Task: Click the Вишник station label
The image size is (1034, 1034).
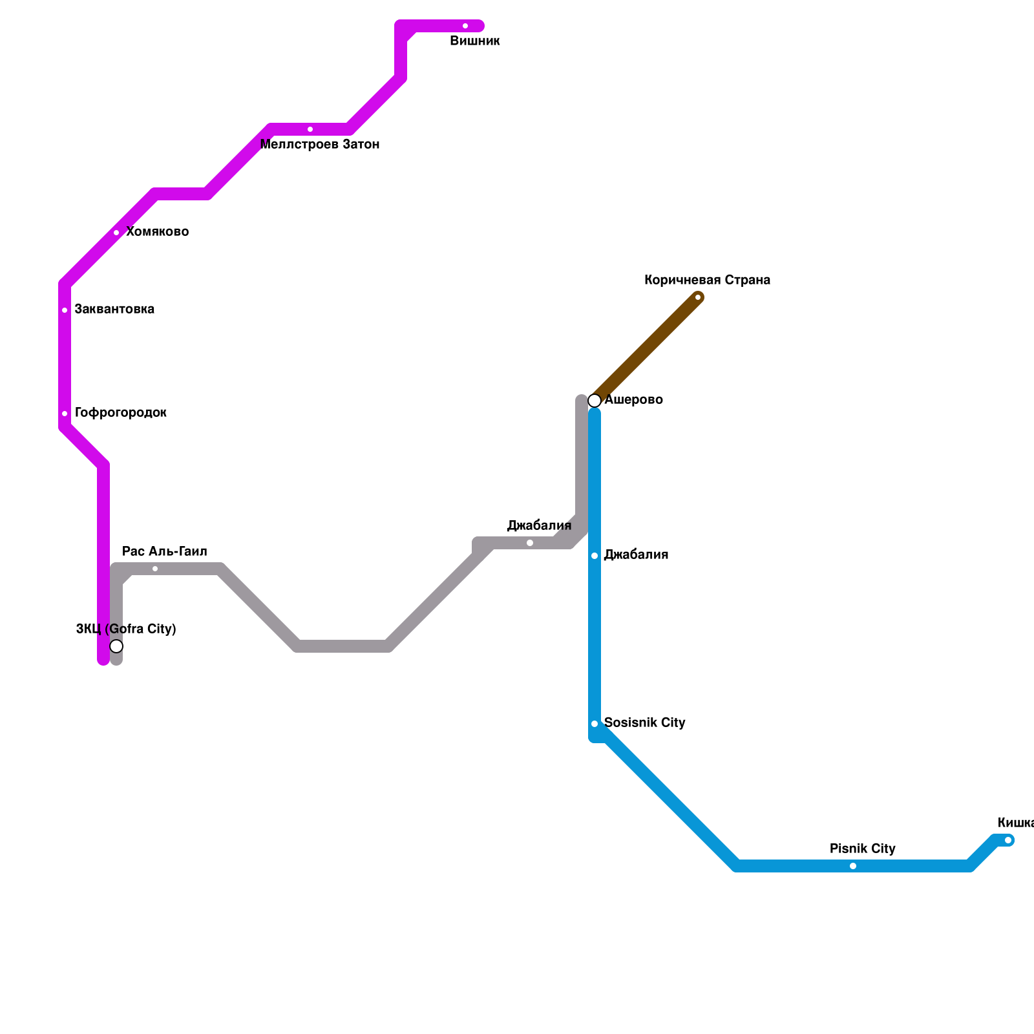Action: (x=475, y=41)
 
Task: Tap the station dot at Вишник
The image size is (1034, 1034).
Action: (x=465, y=26)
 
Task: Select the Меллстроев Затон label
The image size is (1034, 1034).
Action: (x=320, y=145)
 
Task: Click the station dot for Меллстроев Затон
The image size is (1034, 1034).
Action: (x=310, y=129)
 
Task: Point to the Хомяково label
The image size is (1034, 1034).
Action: (x=157, y=232)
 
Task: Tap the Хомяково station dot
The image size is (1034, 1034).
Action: (x=116, y=233)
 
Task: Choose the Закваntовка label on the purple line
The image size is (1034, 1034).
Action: (x=114, y=310)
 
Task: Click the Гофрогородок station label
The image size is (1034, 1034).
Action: (x=121, y=413)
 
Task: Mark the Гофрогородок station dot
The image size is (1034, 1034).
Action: (x=65, y=414)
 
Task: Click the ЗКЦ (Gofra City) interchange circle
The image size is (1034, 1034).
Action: (x=116, y=646)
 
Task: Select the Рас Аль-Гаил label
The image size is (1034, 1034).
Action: (x=165, y=552)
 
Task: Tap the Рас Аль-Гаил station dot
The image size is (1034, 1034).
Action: (x=155, y=569)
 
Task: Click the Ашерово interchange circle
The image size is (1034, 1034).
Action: (x=595, y=401)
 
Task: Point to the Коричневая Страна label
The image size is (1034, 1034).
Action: (x=707, y=280)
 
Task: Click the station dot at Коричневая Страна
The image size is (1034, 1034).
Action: (x=698, y=297)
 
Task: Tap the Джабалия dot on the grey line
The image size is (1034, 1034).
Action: (x=530, y=543)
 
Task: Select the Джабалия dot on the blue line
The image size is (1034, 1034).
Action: (x=595, y=556)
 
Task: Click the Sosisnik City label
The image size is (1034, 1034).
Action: (x=644, y=723)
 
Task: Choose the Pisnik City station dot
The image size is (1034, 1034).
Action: (x=853, y=866)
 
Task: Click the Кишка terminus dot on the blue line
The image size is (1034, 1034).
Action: (x=1008, y=840)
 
